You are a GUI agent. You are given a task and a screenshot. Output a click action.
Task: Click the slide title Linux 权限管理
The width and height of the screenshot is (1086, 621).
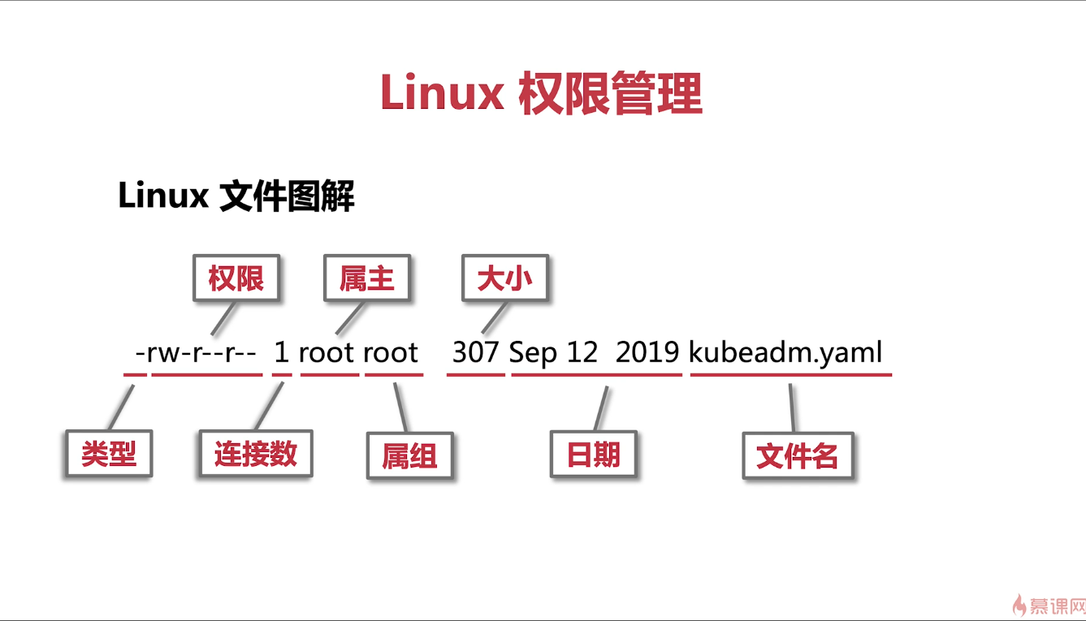[x=541, y=93]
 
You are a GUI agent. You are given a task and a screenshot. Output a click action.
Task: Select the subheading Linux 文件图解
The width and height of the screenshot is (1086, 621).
[x=236, y=196]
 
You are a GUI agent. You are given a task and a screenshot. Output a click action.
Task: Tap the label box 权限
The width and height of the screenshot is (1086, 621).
[x=236, y=279]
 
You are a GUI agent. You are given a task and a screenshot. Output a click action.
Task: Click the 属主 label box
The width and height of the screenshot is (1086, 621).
[x=367, y=279]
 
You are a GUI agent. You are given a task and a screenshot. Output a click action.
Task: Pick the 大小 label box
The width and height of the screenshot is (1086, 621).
[x=504, y=279]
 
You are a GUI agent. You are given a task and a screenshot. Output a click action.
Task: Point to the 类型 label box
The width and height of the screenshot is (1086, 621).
[x=108, y=453]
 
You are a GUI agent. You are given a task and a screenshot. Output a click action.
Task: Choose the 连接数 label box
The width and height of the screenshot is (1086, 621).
[x=256, y=453]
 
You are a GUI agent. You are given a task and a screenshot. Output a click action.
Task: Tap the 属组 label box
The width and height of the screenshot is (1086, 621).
[x=409, y=455]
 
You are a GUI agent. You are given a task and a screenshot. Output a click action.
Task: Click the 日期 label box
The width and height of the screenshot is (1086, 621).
[x=594, y=455]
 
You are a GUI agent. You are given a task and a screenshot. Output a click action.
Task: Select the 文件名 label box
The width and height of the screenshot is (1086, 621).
[x=797, y=455]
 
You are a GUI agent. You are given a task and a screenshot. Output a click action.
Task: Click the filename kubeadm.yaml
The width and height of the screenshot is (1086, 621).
[x=785, y=352]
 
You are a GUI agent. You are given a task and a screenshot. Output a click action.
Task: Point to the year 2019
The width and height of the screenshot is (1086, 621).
[x=647, y=352]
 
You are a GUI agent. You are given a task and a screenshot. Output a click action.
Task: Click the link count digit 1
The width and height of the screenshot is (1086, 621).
[x=282, y=352]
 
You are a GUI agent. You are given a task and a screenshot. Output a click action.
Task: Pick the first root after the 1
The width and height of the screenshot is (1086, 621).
[x=327, y=353]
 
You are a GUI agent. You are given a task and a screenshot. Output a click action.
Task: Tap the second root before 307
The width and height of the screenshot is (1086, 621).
[x=391, y=353]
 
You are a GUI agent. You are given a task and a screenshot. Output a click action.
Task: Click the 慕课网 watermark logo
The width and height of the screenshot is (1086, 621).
[x=1049, y=605]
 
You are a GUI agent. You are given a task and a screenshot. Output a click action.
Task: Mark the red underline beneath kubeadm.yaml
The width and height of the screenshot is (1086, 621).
[x=791, y=375]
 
